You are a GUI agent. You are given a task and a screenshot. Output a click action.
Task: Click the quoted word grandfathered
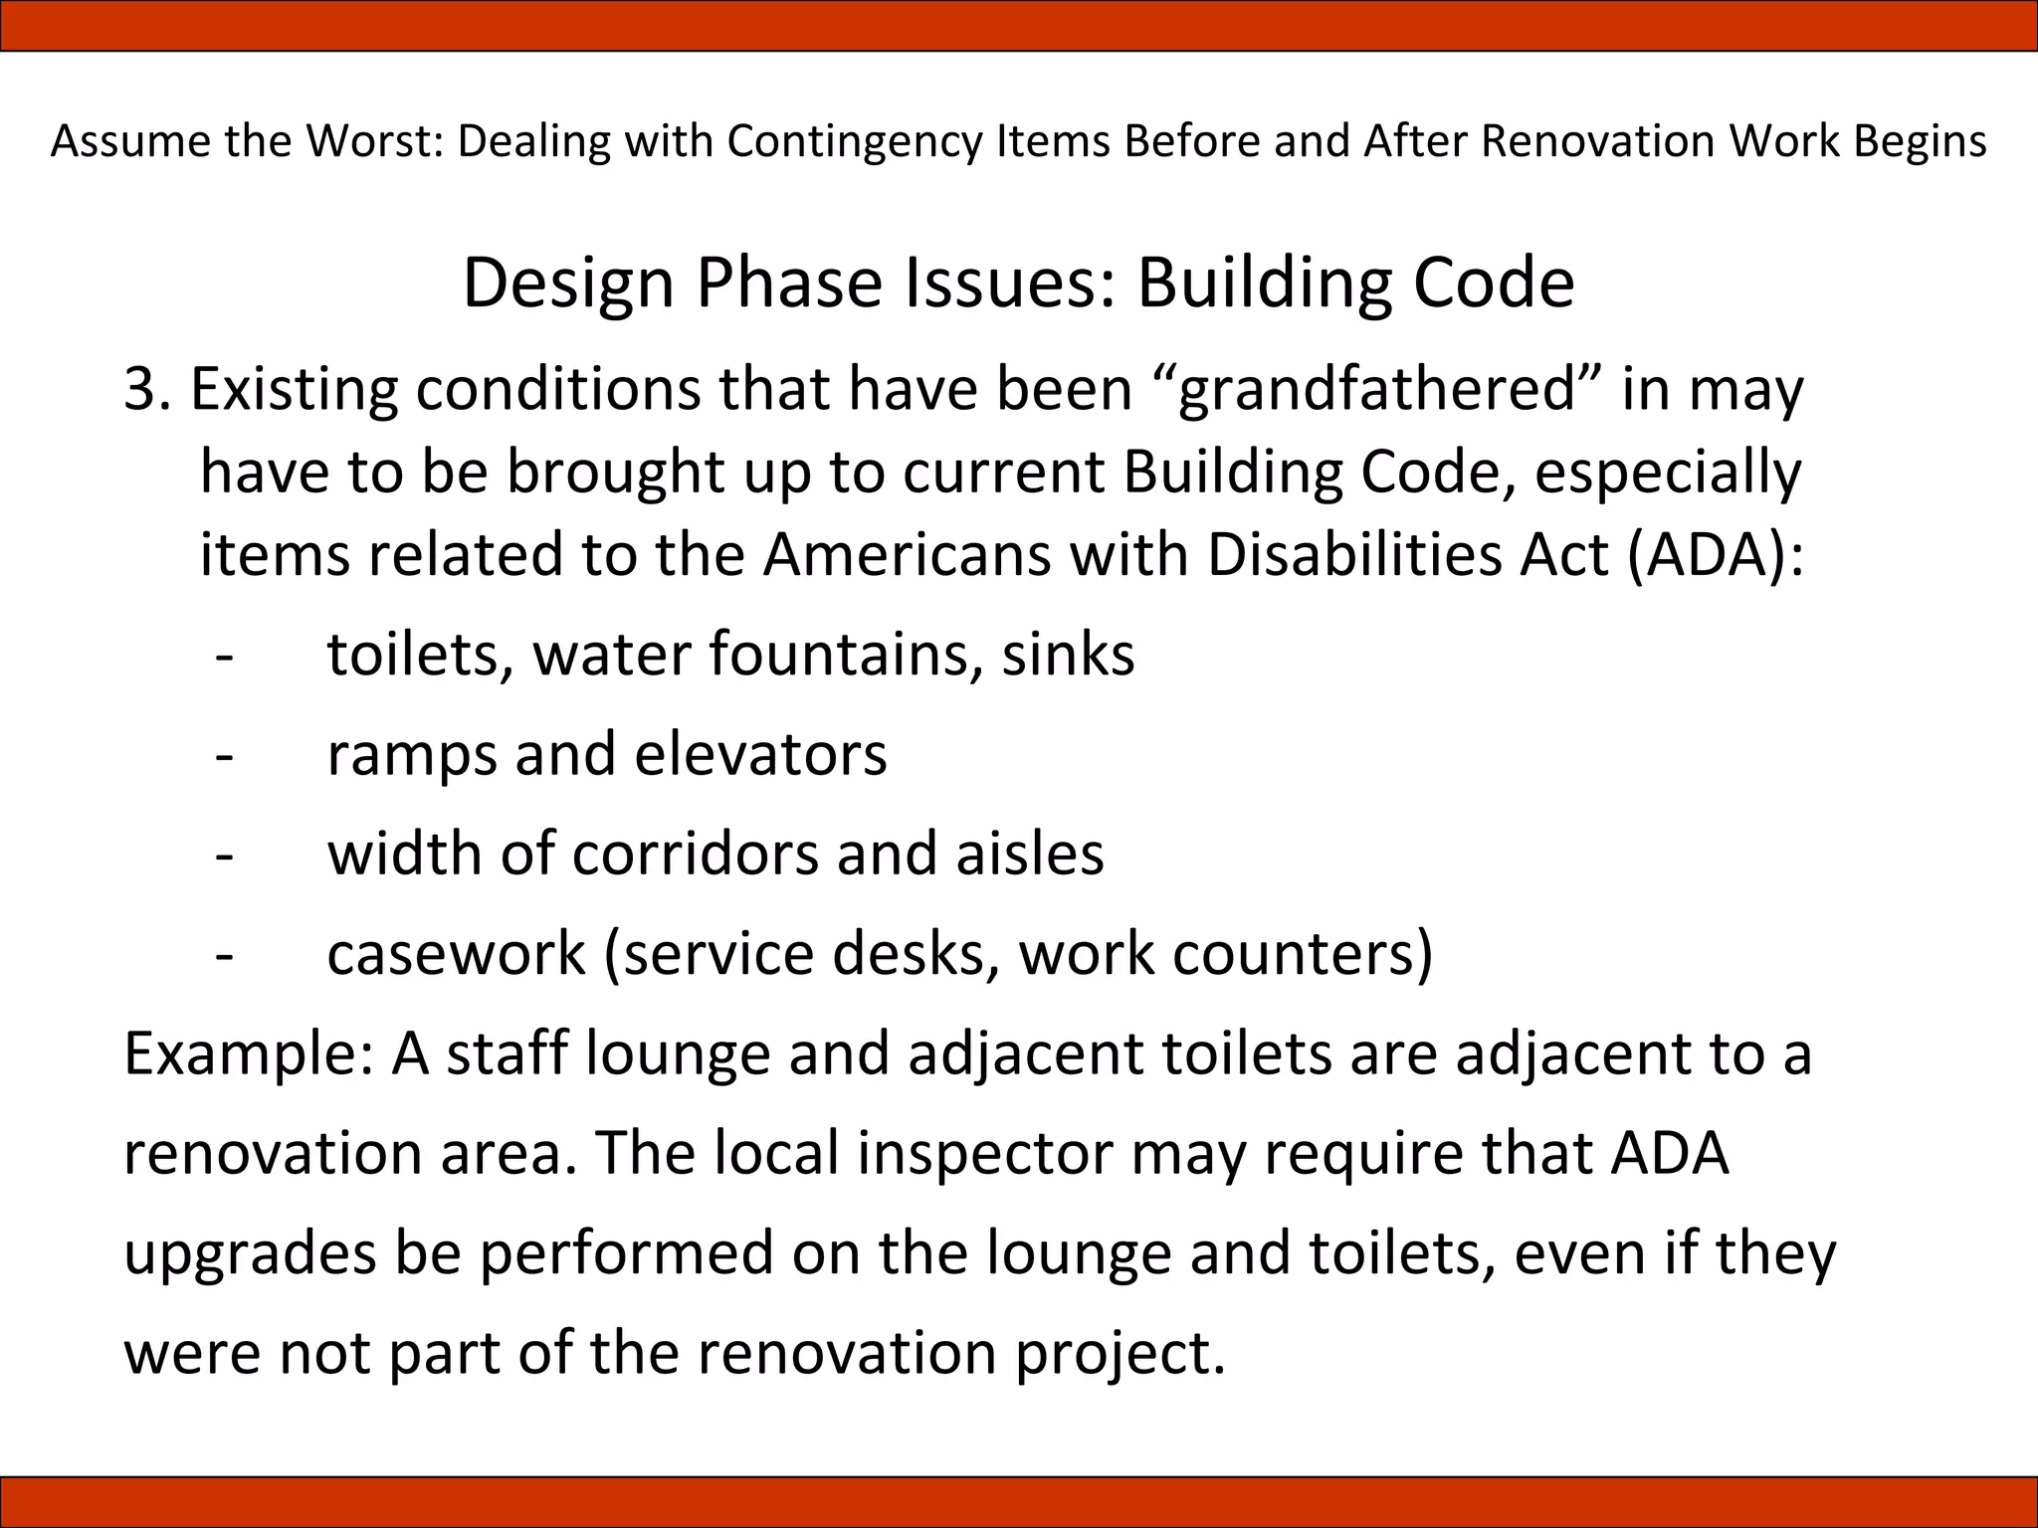pyautogui.click(x=1376, y=388)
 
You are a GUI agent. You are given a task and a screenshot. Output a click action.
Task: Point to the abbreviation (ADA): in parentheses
pyautogui.click(x=1715, y=554)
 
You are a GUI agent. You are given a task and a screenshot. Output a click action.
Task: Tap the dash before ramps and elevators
pyautogui.click(x=225, y=754)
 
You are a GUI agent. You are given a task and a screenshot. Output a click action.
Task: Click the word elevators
pyautogui.click(x=760, y=754)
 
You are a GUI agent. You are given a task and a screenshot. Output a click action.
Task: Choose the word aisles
pyautogui.click(x=1030, y=854)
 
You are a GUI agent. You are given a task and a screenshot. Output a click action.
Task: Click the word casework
pyautogui.click(x=456, y=953)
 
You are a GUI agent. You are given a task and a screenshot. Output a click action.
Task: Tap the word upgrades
pyautogui.click(x=250, y=1253)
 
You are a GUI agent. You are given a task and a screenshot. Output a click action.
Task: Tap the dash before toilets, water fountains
pyautogui.click(x=225, y=655)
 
